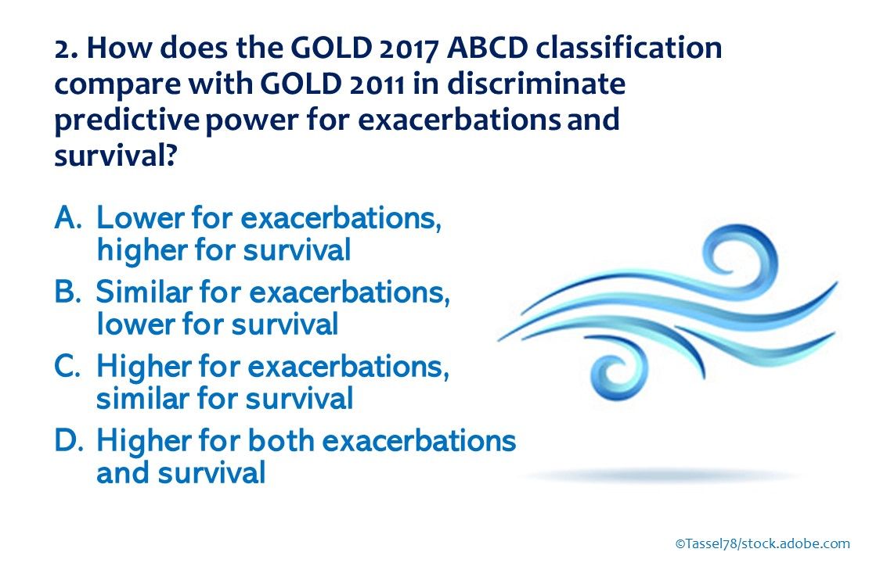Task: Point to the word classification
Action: pyautogui.click(x=629, y=48)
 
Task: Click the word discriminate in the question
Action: pyautogui.click(x=536, y=84)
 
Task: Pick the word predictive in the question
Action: pyautogui.click(x=126, y=120)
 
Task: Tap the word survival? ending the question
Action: pyautogui.click(x=115, y=156)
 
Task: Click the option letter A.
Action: pyautogui.click(x=68, y=218)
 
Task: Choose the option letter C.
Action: pyautogui.click(x=67, y=366)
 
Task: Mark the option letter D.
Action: pyautogui.click(x=69, y=441)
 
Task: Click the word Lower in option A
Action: pyautogui.click(x=140, y=218)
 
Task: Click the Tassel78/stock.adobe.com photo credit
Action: pyautogui.click(x=763, y=543)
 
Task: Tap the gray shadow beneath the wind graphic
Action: pyautogui.click(x=659, y=475)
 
